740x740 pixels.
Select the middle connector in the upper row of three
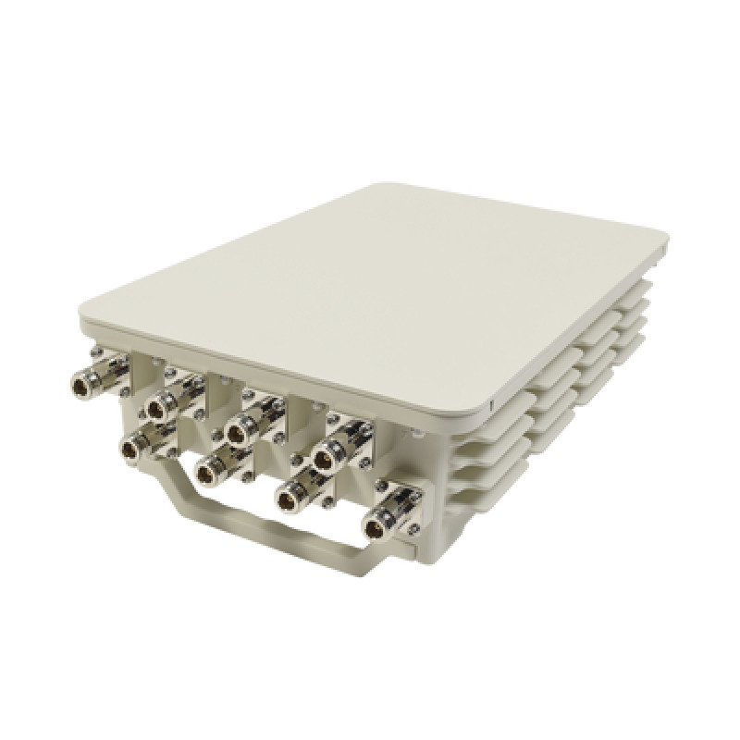click(x=242, y=427)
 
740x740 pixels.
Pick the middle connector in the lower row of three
click(x=216, y=471)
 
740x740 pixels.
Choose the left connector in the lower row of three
click(x=137, y=446)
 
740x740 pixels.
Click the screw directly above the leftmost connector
click(x=95, y=351)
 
